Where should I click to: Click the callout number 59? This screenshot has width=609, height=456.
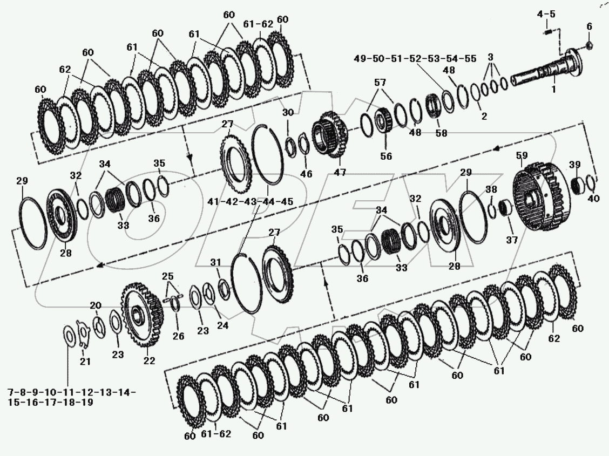tap(522, 155)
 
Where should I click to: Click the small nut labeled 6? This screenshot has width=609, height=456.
tap(589, 45)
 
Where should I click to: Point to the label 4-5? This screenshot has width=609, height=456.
tap(546, 15)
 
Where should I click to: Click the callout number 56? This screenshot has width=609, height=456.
tap(386, 156)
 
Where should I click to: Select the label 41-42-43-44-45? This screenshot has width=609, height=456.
tap(250, 201)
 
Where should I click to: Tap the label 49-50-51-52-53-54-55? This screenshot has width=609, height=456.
tap(415, 59)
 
